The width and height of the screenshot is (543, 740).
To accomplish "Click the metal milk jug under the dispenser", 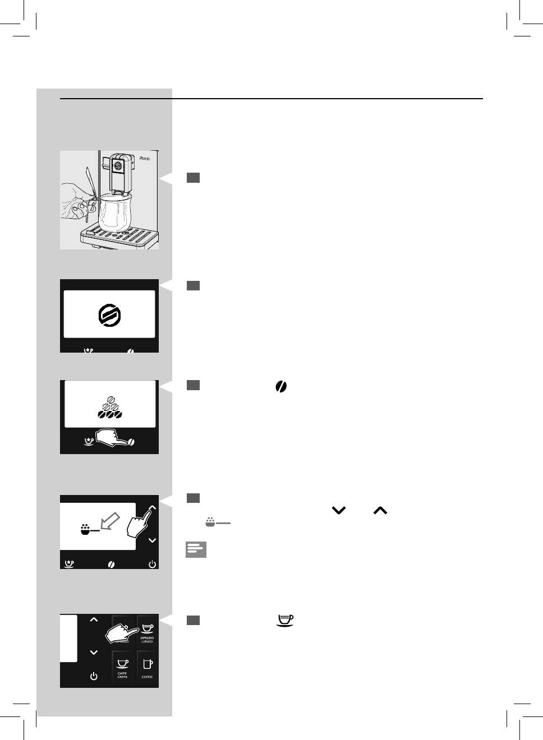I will (x=115, y=212).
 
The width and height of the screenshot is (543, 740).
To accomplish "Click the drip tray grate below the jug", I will (x=120, y=235).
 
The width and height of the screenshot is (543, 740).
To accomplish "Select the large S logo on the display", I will (x=109, y=315).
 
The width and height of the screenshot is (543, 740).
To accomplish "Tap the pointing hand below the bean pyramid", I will (x=113, y=438).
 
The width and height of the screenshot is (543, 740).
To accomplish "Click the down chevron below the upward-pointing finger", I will (x=152, y=540).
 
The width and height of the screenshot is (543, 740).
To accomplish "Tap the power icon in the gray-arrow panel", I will (x=152, y=564).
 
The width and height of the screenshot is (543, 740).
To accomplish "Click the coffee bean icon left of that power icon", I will (x=112, y=564).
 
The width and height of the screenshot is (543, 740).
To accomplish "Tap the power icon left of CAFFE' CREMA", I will (x=94, y=676).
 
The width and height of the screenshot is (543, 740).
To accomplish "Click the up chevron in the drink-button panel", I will (x=94, y=619).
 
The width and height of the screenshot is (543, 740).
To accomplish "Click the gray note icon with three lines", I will (x=196, y=550).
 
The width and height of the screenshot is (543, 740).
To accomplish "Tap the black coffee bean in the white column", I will (x=281, y=386).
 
